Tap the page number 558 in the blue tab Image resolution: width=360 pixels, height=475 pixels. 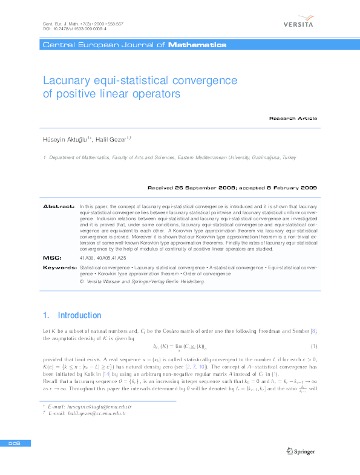(15, 444)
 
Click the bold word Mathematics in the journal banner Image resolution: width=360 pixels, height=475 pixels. (197, 45)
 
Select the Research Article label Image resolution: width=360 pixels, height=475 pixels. (293, 118)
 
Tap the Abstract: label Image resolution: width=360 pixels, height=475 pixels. (59, 207)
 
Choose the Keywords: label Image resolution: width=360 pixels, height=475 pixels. (59, 267)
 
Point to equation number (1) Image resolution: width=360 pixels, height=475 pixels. (314, 346)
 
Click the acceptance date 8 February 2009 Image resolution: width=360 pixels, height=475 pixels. (286, 188)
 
